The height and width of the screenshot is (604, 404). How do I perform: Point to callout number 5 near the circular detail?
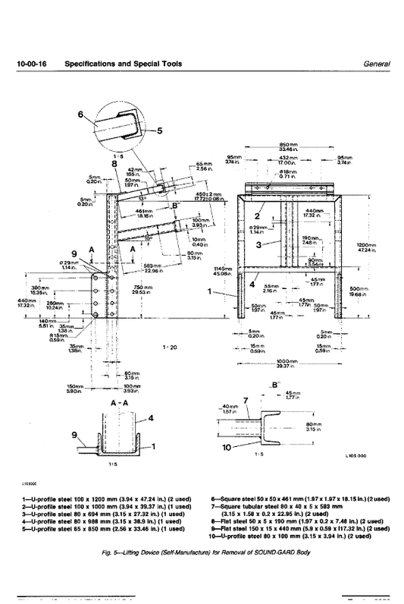click(x=160, y=130)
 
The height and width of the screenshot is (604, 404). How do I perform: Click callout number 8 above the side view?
click(x=114, y=162)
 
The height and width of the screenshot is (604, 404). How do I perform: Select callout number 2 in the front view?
click(x=259, y=215)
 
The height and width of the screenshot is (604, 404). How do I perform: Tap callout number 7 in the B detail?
click(x=245, y=399)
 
